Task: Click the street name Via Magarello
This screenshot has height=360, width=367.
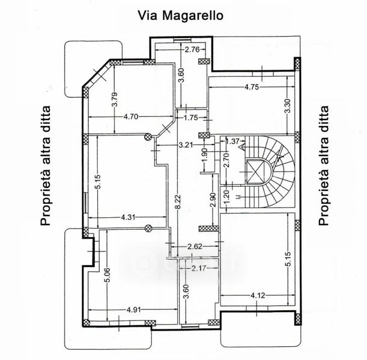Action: click(180, 16)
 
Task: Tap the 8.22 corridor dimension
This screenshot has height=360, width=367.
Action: click(178, 201)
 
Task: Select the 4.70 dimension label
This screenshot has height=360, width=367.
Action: click(131, 116)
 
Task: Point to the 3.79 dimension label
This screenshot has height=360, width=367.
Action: click(115, 100)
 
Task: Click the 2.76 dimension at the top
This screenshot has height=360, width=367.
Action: click(192, 50)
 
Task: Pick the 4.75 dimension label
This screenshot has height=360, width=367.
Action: click(252, 87)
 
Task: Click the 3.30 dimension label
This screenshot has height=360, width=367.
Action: click(288, 106)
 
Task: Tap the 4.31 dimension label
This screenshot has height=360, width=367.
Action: click(128, 217)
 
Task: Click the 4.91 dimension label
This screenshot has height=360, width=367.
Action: click(134, 310)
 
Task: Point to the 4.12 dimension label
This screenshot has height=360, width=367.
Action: click(258, 296)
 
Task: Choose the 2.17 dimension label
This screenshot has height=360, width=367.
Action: click(199, 268)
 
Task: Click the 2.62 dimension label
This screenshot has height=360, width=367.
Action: click(195, 247)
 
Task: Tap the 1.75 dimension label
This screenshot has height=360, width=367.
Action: click(191, 118)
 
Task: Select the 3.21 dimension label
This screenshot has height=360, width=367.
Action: click(186, 145)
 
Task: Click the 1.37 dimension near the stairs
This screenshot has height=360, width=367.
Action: click(233, 141)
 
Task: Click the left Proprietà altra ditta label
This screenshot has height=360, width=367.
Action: click(46, 166)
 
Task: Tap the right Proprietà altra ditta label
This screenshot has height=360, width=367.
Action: click(324, 166)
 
